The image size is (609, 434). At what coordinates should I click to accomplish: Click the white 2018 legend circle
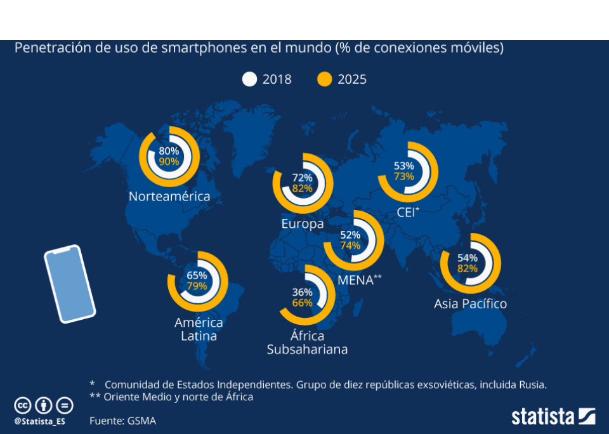click(x=250, y=79)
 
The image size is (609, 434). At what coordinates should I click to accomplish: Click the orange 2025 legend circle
click(x=325, y=79)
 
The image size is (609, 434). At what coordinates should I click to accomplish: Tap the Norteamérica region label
click(x=169, y=197)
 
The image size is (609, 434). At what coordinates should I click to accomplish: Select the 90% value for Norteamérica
click(x=169, y=162)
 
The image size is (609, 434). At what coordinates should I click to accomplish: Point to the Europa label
click(x=303, y=224)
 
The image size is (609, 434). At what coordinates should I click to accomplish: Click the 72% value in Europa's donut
click(x=302, y=178)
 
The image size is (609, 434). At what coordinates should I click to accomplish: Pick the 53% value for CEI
click(x=404, y=166)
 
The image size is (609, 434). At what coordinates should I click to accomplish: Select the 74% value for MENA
click(x=350, y=246)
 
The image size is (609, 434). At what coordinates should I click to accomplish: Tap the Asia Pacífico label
click(x=471, y=304)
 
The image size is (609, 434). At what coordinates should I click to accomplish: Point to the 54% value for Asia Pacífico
click(x=468, y=258)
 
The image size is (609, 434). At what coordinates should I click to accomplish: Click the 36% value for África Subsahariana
click(x=303, y=293)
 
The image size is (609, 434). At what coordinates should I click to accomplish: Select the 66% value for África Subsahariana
click(x=303, y=303)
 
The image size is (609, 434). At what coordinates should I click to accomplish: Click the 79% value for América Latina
click(x=197, y=286)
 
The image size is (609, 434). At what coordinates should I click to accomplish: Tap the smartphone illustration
click(x=69, y=284)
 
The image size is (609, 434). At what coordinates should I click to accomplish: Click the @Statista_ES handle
click(x=39, y=421)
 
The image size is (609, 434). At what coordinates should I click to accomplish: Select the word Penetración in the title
click(x=49, y=48)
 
